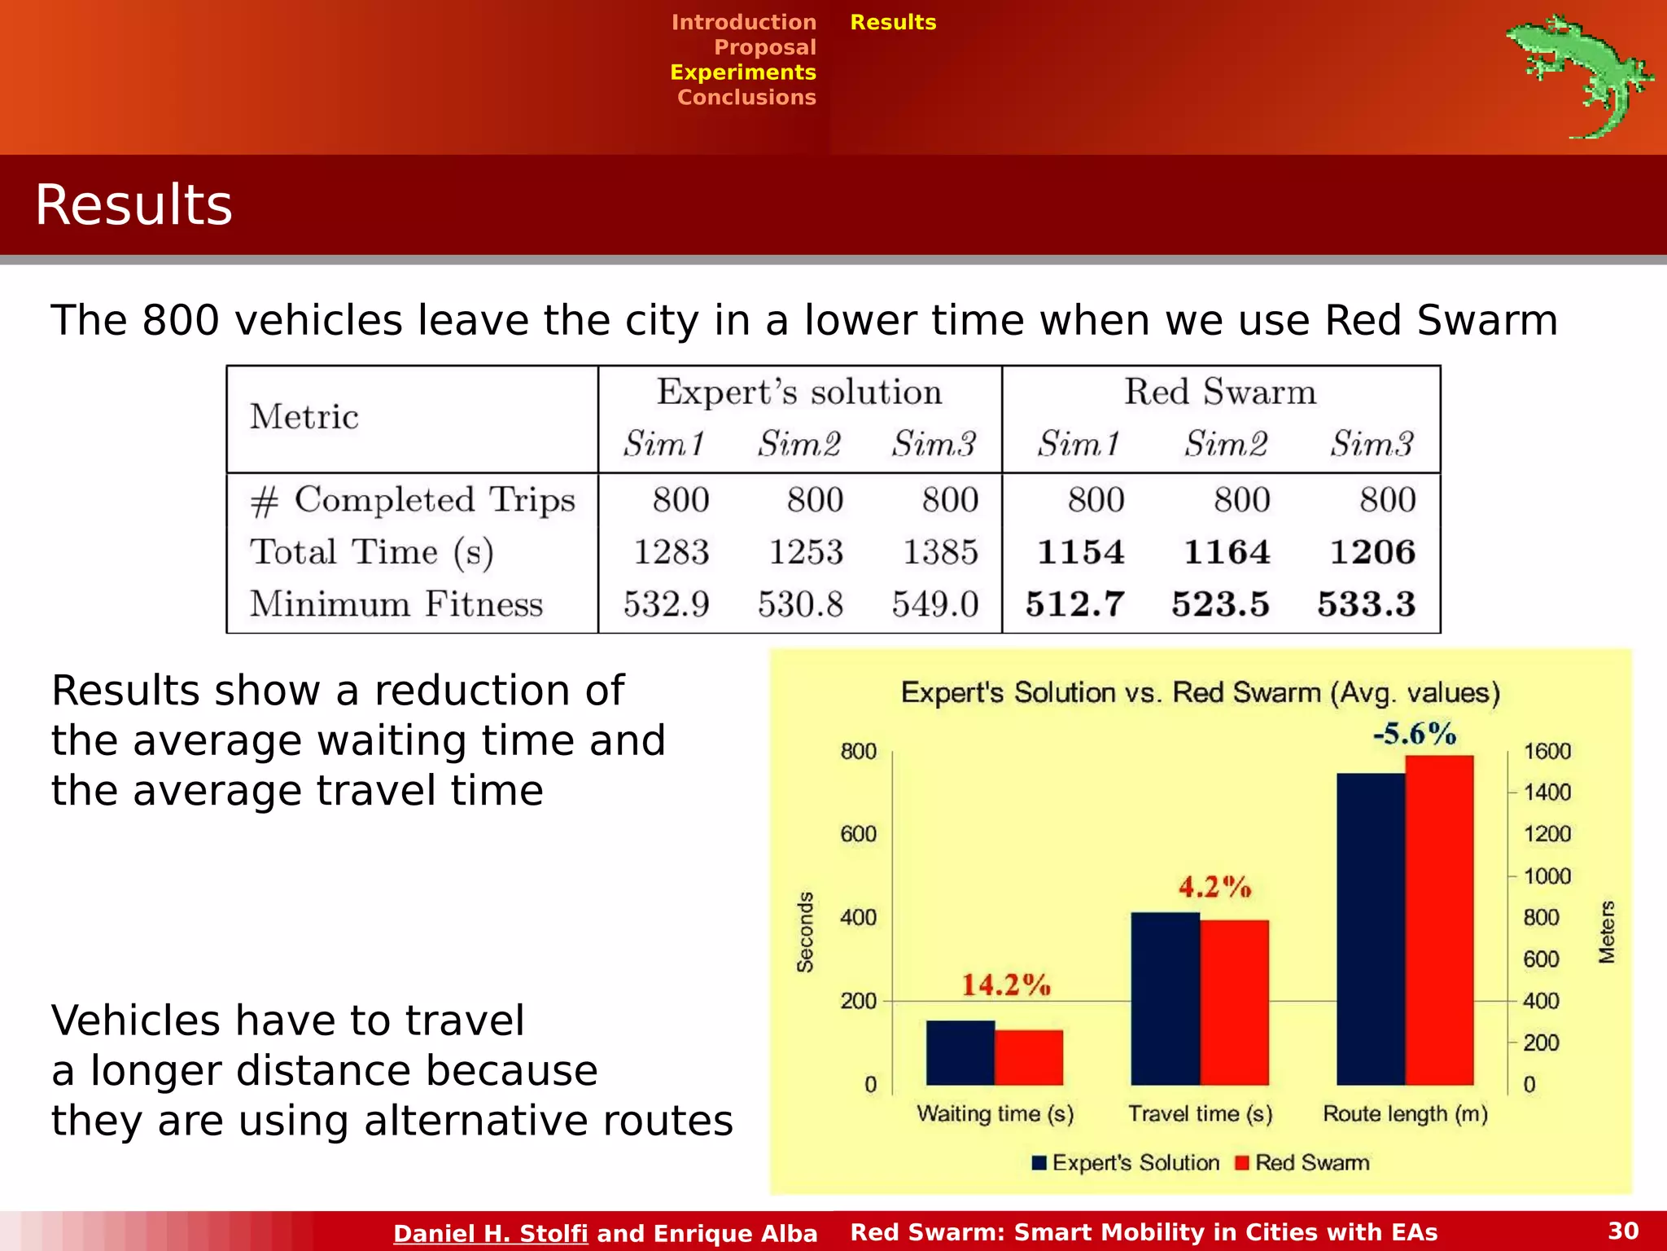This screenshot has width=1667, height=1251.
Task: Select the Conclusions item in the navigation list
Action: pos(746,97)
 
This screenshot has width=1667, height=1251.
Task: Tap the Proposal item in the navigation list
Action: pos(764,47)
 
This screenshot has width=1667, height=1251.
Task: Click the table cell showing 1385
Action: pos(940,552)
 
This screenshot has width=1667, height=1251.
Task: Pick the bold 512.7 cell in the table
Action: pos(1074,604)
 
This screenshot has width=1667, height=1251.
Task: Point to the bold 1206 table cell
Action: pos(1372,552)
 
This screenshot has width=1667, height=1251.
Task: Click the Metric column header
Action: pos(304,417)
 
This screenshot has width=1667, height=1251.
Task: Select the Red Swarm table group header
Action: pos(1219,392)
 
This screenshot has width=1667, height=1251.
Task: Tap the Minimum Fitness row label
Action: pos(396,604)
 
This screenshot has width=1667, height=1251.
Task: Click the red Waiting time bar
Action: pos(1029,1057)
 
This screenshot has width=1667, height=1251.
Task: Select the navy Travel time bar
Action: pos(1165,999)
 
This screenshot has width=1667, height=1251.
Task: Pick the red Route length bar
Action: pos(1439,920)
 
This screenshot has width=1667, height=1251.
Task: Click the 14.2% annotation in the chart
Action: pos(1006,985)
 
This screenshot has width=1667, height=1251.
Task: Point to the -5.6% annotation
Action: pos(1415,733)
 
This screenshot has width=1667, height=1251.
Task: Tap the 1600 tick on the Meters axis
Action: pos(1547,751)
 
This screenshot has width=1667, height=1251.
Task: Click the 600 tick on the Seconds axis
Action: pos(858,834)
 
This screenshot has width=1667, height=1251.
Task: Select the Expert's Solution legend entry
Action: pos(1126,1162)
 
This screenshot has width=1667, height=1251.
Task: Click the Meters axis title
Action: pos(1606,932)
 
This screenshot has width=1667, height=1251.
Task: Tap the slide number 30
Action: pos(1623,1231)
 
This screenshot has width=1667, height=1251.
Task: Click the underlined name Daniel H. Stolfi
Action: pos(490,1233)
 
